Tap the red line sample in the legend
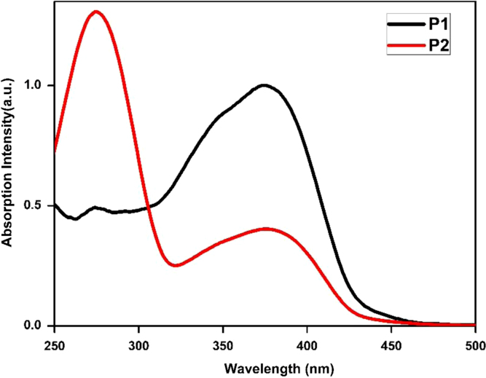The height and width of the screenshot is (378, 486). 404,45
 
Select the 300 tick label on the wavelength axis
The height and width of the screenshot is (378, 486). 138,340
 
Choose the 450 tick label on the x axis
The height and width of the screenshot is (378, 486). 391,340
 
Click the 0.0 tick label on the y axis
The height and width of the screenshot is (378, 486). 36,326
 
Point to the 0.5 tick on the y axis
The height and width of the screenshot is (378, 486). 36,205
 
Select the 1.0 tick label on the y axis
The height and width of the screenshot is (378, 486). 36,85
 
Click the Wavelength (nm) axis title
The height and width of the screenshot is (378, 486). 264,363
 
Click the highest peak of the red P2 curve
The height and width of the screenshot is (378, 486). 96,12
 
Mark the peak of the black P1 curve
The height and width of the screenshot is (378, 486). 264,85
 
